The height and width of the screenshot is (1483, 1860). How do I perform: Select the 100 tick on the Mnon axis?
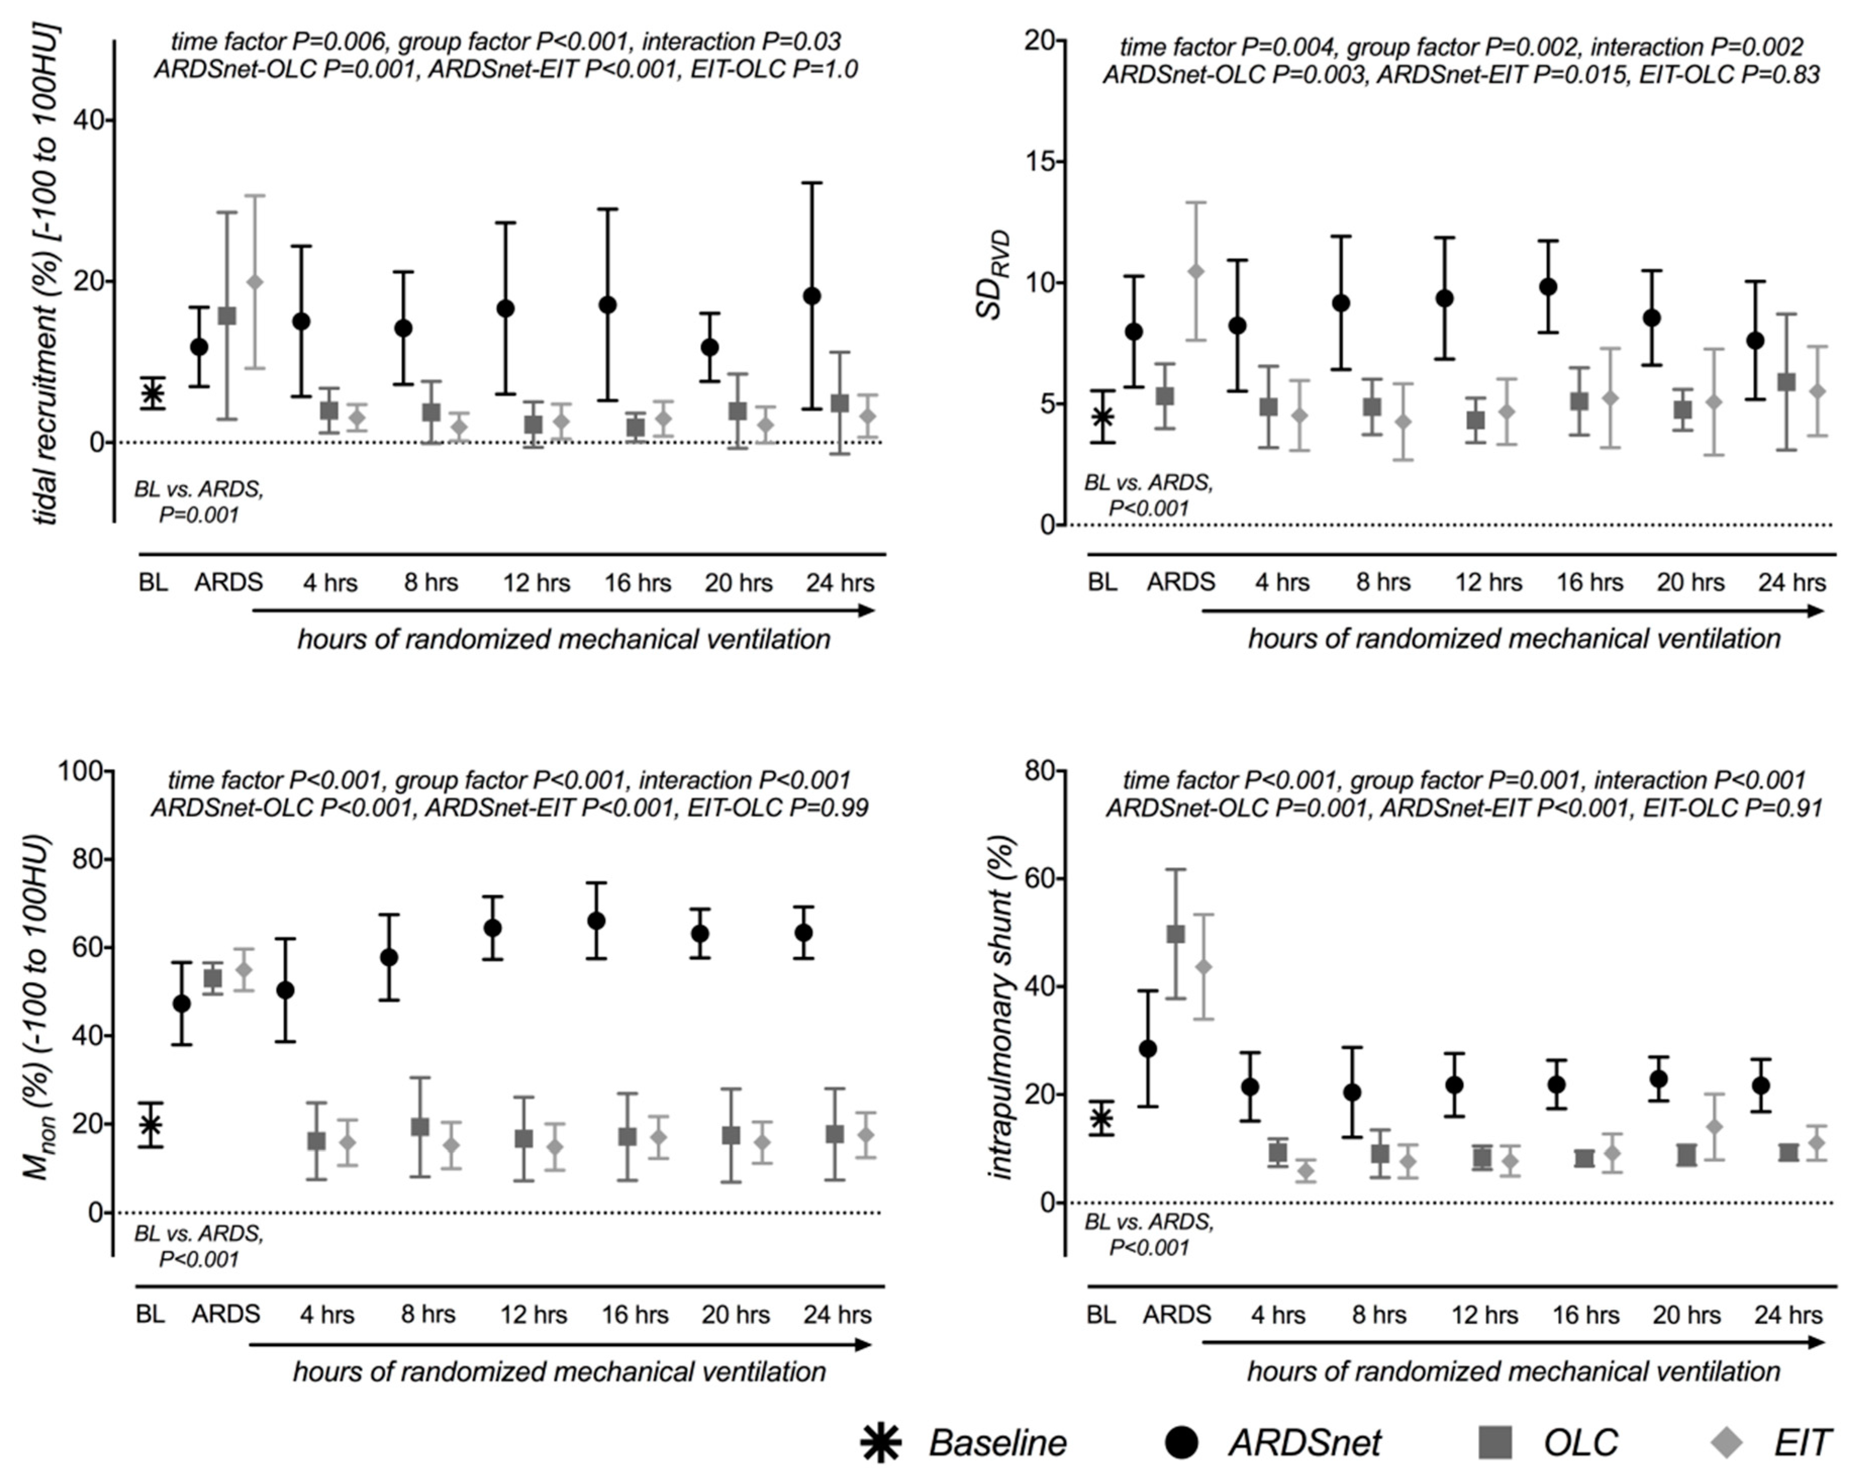coord(80,771)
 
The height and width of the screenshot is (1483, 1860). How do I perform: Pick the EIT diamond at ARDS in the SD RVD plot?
coord(1196,271)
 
